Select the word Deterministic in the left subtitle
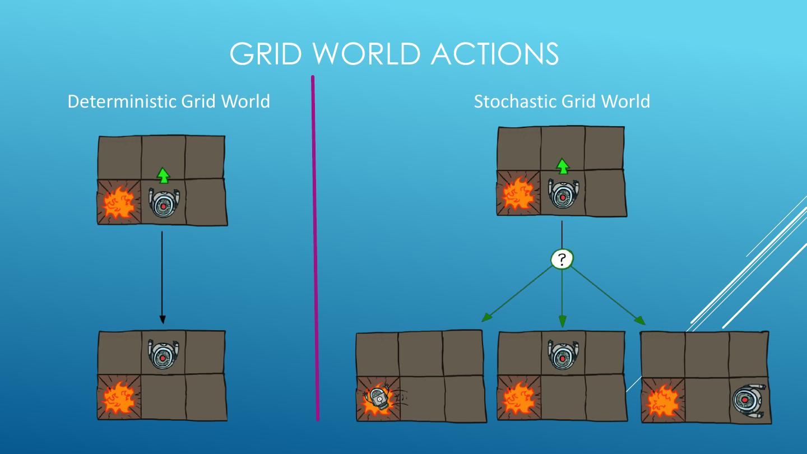(x=120, y=101)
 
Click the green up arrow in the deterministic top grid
(x=163, y=175)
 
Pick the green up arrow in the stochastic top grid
(x=562, y=166)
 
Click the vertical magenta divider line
(x=315, y=247)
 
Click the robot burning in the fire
(x=378, y=399)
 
